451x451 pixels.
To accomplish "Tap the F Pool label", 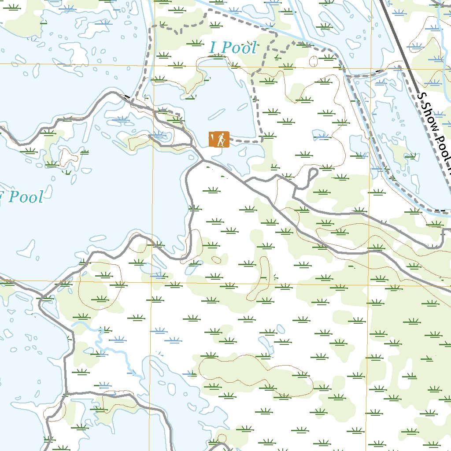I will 22,197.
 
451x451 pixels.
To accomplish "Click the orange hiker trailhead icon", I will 219,139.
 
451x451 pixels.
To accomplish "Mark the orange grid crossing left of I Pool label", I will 152,66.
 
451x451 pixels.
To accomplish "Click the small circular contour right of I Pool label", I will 314,61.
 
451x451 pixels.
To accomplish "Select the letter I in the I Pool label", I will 214,48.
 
